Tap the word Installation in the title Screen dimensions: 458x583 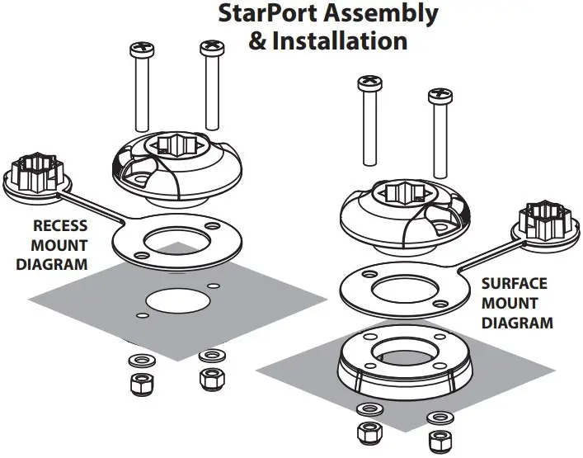346,40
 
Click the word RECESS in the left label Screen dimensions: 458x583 60,225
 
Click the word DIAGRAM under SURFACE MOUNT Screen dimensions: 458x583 517,323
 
